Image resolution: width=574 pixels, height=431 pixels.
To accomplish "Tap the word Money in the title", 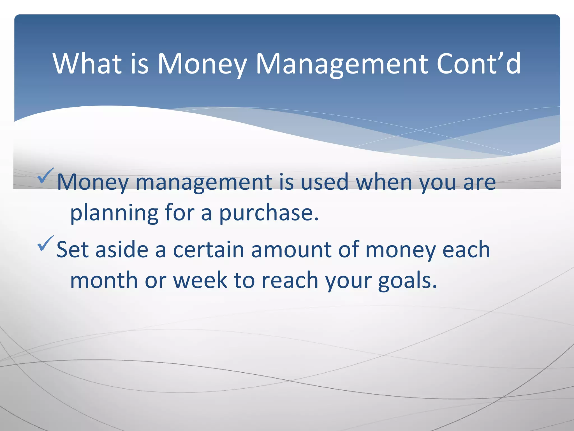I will click(202, 64).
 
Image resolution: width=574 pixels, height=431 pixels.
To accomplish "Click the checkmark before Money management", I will click(45, 176).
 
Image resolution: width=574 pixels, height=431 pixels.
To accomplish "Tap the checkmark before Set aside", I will click(45, 243).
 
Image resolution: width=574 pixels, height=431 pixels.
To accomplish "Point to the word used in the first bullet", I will click(324, 182).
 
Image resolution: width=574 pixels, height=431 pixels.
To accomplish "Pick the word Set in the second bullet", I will click(72, 249).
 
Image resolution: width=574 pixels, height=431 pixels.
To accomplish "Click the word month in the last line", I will click(104, 280).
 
